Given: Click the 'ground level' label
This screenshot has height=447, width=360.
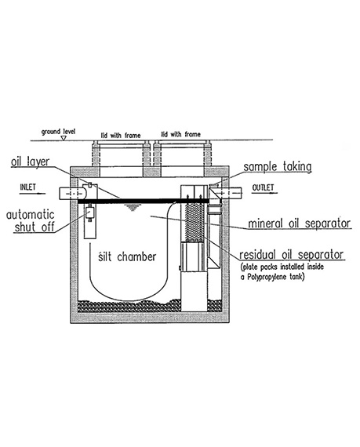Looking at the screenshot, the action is click(59, 132).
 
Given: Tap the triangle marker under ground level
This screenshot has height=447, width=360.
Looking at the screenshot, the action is click(64, 138).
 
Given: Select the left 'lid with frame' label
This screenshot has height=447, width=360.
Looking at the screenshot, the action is click(121, 135).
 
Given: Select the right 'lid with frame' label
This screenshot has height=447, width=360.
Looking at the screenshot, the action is click(181, 134).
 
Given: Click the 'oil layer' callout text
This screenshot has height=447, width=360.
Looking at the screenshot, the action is click(31, 162).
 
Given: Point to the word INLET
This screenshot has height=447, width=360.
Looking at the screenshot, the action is click(28, 187).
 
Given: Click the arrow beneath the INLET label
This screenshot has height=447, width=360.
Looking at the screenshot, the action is click(32, 194).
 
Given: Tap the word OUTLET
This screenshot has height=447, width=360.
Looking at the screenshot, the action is click(263, 187).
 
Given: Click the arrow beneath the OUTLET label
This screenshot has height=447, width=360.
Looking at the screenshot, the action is click(264, 193).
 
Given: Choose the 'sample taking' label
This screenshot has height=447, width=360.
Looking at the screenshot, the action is click(278, 166).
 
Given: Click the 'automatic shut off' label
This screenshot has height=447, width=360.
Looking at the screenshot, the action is click(31, 221).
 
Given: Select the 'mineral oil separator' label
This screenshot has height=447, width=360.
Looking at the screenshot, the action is click(300, 223).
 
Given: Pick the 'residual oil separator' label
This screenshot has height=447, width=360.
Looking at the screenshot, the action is click(291, 255).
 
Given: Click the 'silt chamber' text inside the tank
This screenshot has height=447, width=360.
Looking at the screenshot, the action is click(127, 256).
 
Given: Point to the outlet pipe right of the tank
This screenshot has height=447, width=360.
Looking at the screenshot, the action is click(228, 193).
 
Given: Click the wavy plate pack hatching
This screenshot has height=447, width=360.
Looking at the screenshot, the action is click(195, 222).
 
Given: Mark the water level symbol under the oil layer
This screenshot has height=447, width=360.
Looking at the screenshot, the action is click(132, 207).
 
